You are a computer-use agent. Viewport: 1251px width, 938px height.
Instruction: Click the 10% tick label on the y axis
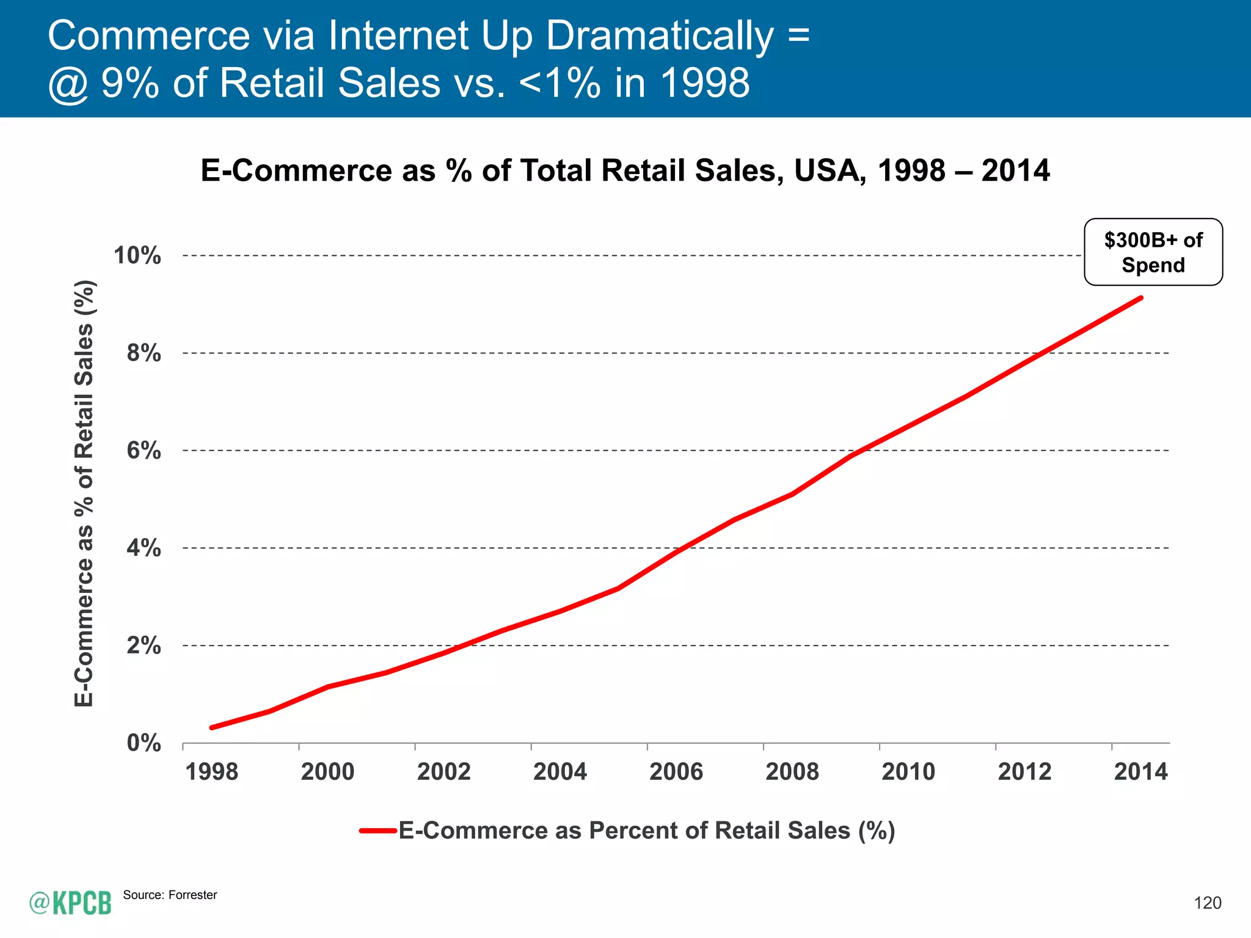tap(137, 255)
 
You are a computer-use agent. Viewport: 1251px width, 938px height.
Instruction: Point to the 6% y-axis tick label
tap(144, 451)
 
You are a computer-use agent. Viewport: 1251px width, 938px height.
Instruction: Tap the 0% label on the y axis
tap(144, 743)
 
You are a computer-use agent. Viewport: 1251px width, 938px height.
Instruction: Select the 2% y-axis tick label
tap(144, 645)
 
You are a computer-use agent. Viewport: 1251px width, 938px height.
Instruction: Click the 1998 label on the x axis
tap(211, 772)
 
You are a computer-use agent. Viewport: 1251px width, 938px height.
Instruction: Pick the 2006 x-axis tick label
tap(676, 772)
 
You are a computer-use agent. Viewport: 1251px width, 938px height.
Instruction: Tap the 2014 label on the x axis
tap(1140, 772)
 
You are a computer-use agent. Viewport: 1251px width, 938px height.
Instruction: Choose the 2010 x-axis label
tap(908, 772)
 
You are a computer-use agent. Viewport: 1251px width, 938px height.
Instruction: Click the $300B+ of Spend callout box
tap(1153, 252)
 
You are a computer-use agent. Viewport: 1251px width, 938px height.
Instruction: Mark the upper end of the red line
tap(1140, 298)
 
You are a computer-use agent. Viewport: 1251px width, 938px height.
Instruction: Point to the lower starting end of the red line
tap(212, 727)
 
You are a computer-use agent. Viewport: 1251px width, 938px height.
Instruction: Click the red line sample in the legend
tap(378, 831)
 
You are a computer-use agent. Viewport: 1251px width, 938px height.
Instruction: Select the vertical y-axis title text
tap(84, 493)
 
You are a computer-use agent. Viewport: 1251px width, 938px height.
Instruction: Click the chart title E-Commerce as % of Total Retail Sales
tap(625, 170)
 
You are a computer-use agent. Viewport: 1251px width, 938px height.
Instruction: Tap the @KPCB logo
tap(70, 903)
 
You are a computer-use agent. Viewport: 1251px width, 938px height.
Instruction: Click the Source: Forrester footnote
tap(170, 895)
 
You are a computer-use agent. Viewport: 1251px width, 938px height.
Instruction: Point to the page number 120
tap(1207, 903)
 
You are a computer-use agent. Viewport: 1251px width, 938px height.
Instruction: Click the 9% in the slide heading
tap(130, 83)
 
